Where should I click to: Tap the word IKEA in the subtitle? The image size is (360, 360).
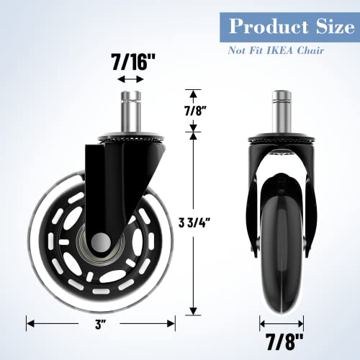coord(285,51)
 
